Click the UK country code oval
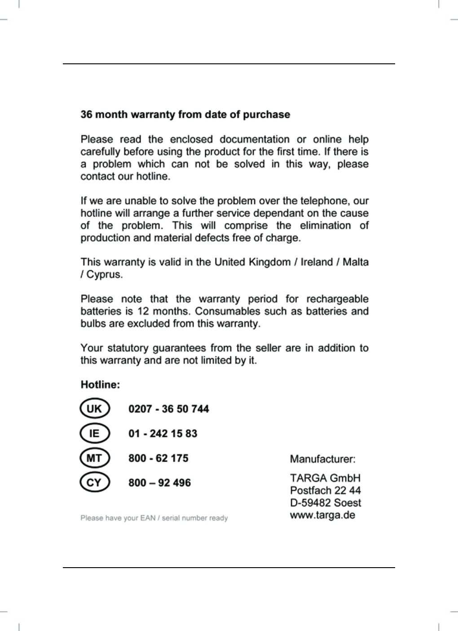tap(94, 409)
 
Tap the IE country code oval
tap(94, 433)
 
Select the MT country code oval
tap(94, 458)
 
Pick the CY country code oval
tap(94, 483)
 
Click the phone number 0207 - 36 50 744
tap(168, 409)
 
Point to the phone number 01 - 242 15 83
tap(163, 434)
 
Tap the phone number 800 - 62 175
tap(158, 458)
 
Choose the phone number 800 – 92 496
tap(159, 483)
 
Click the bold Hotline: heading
tap(100, 385)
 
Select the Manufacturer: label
tap(322, 459)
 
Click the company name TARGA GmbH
tap(325, 478)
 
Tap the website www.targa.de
tap(322, 515)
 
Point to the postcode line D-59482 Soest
tap(325, 503)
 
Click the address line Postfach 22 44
tap(325, 490)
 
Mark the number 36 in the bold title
tap(86, 115)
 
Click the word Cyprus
tap(104, 275)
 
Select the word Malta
tap(356, 262)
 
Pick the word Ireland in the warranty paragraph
tap(317, 262)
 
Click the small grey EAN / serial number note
tap(154, 518)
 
